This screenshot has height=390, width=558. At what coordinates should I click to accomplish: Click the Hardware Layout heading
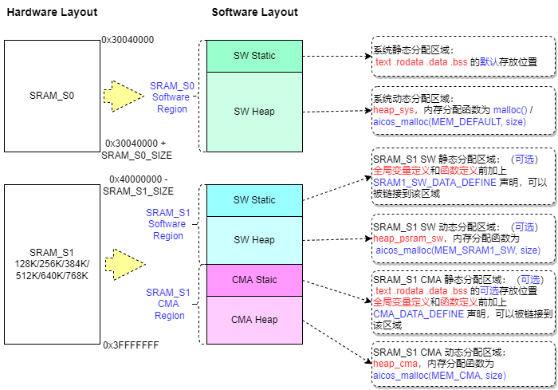pos(52,13)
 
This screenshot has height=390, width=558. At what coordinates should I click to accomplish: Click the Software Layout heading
pos(254,13)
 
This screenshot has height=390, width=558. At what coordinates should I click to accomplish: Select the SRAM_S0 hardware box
pos(51,96)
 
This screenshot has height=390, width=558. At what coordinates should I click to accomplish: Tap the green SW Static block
pos(254,56)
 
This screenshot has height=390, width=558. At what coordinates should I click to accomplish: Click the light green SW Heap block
pos(254,112)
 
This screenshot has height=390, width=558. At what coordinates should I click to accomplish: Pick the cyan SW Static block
pos(254,200)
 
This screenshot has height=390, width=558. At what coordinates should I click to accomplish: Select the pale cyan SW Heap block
pos(254,240)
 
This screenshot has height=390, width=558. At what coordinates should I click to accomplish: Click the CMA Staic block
pos(254,279)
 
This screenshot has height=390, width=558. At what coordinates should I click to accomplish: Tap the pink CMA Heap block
pos(254,319)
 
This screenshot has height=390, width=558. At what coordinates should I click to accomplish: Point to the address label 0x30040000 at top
pos(128,40)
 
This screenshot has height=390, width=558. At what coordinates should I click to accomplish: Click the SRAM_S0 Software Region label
pos(171,97)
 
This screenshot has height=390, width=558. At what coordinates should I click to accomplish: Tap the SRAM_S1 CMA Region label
pos(168,304)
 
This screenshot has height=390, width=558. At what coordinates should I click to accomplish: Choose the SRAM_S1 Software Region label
pos(168,224)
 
